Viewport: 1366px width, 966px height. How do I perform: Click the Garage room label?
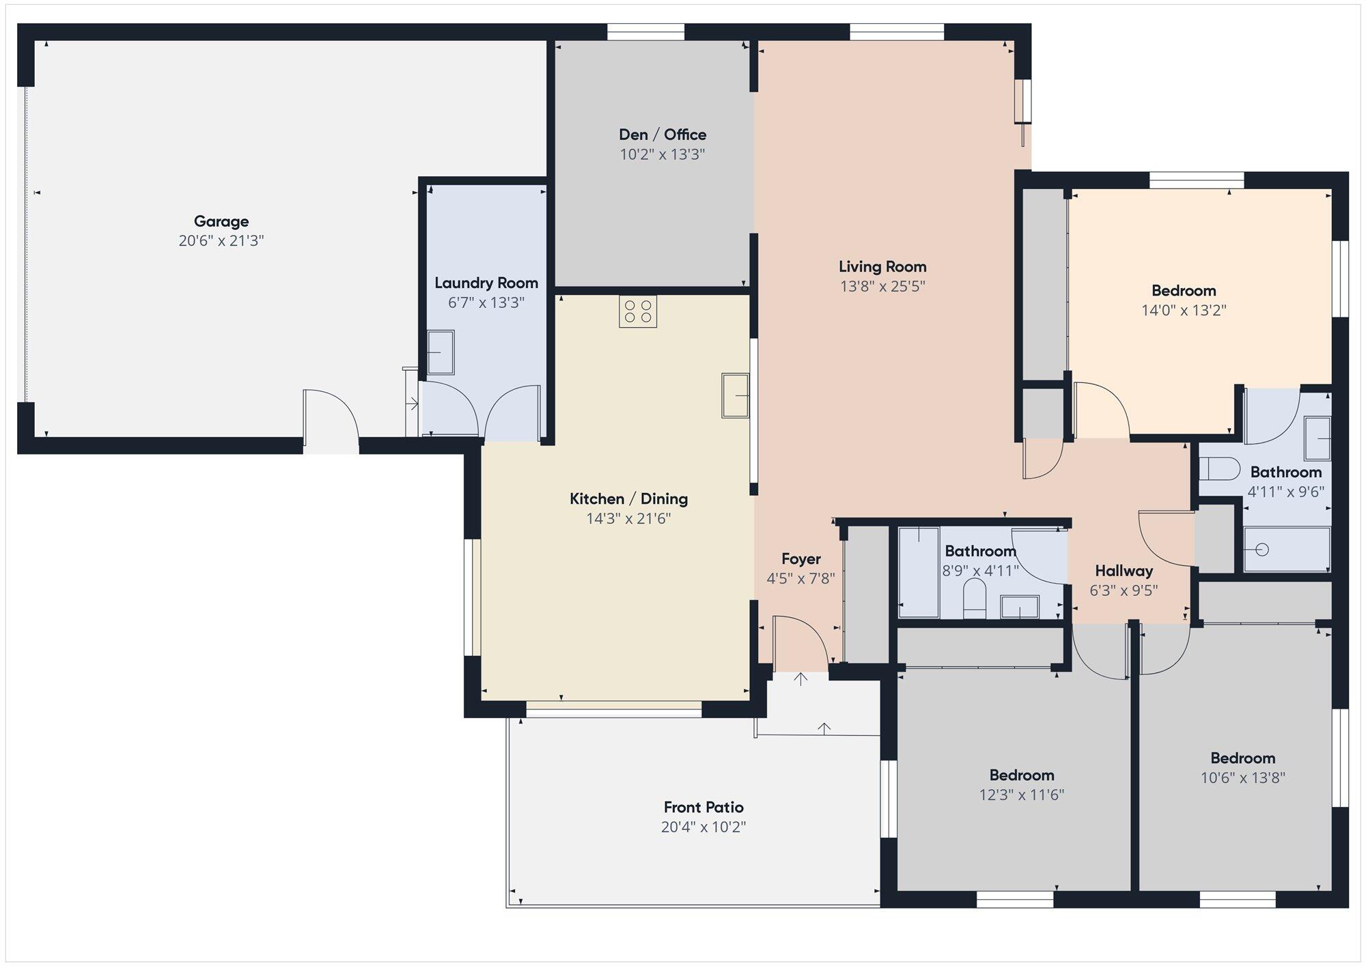(x=221, y=221)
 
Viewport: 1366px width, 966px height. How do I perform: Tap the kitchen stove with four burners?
(x=638, y=311)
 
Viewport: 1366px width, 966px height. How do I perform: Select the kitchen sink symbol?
(x=735, y=395)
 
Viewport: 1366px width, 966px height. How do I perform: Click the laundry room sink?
(x=441, y=352)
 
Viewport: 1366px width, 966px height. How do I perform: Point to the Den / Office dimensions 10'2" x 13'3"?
(x=662, y=154)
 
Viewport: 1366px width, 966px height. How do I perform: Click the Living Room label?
(x=882, y=266)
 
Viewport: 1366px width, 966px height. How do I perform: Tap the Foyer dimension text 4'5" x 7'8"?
(x=800, y=579)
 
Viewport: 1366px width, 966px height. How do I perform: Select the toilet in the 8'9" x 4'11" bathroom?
(x=975, y=598)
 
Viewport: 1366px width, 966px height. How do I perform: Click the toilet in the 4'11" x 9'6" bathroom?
(x=1220, y=469)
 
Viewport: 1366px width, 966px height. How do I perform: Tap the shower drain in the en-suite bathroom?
(x=1262, y=549)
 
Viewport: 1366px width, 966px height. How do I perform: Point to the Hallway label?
(x=1124, y=571)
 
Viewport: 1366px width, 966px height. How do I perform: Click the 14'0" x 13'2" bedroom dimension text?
(x=1184, y=310)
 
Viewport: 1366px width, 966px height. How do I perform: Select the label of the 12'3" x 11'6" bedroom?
(x=1022, y=775)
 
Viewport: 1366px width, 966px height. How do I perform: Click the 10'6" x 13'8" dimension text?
(x=1242, y=778)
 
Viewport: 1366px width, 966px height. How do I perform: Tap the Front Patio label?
(x=703, y=807)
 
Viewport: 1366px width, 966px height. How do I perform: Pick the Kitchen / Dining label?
(x=628, y=498)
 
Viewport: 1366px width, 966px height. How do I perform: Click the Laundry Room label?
(x=486, y=283)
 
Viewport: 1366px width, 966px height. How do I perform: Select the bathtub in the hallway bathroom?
(x=919, y=572)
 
